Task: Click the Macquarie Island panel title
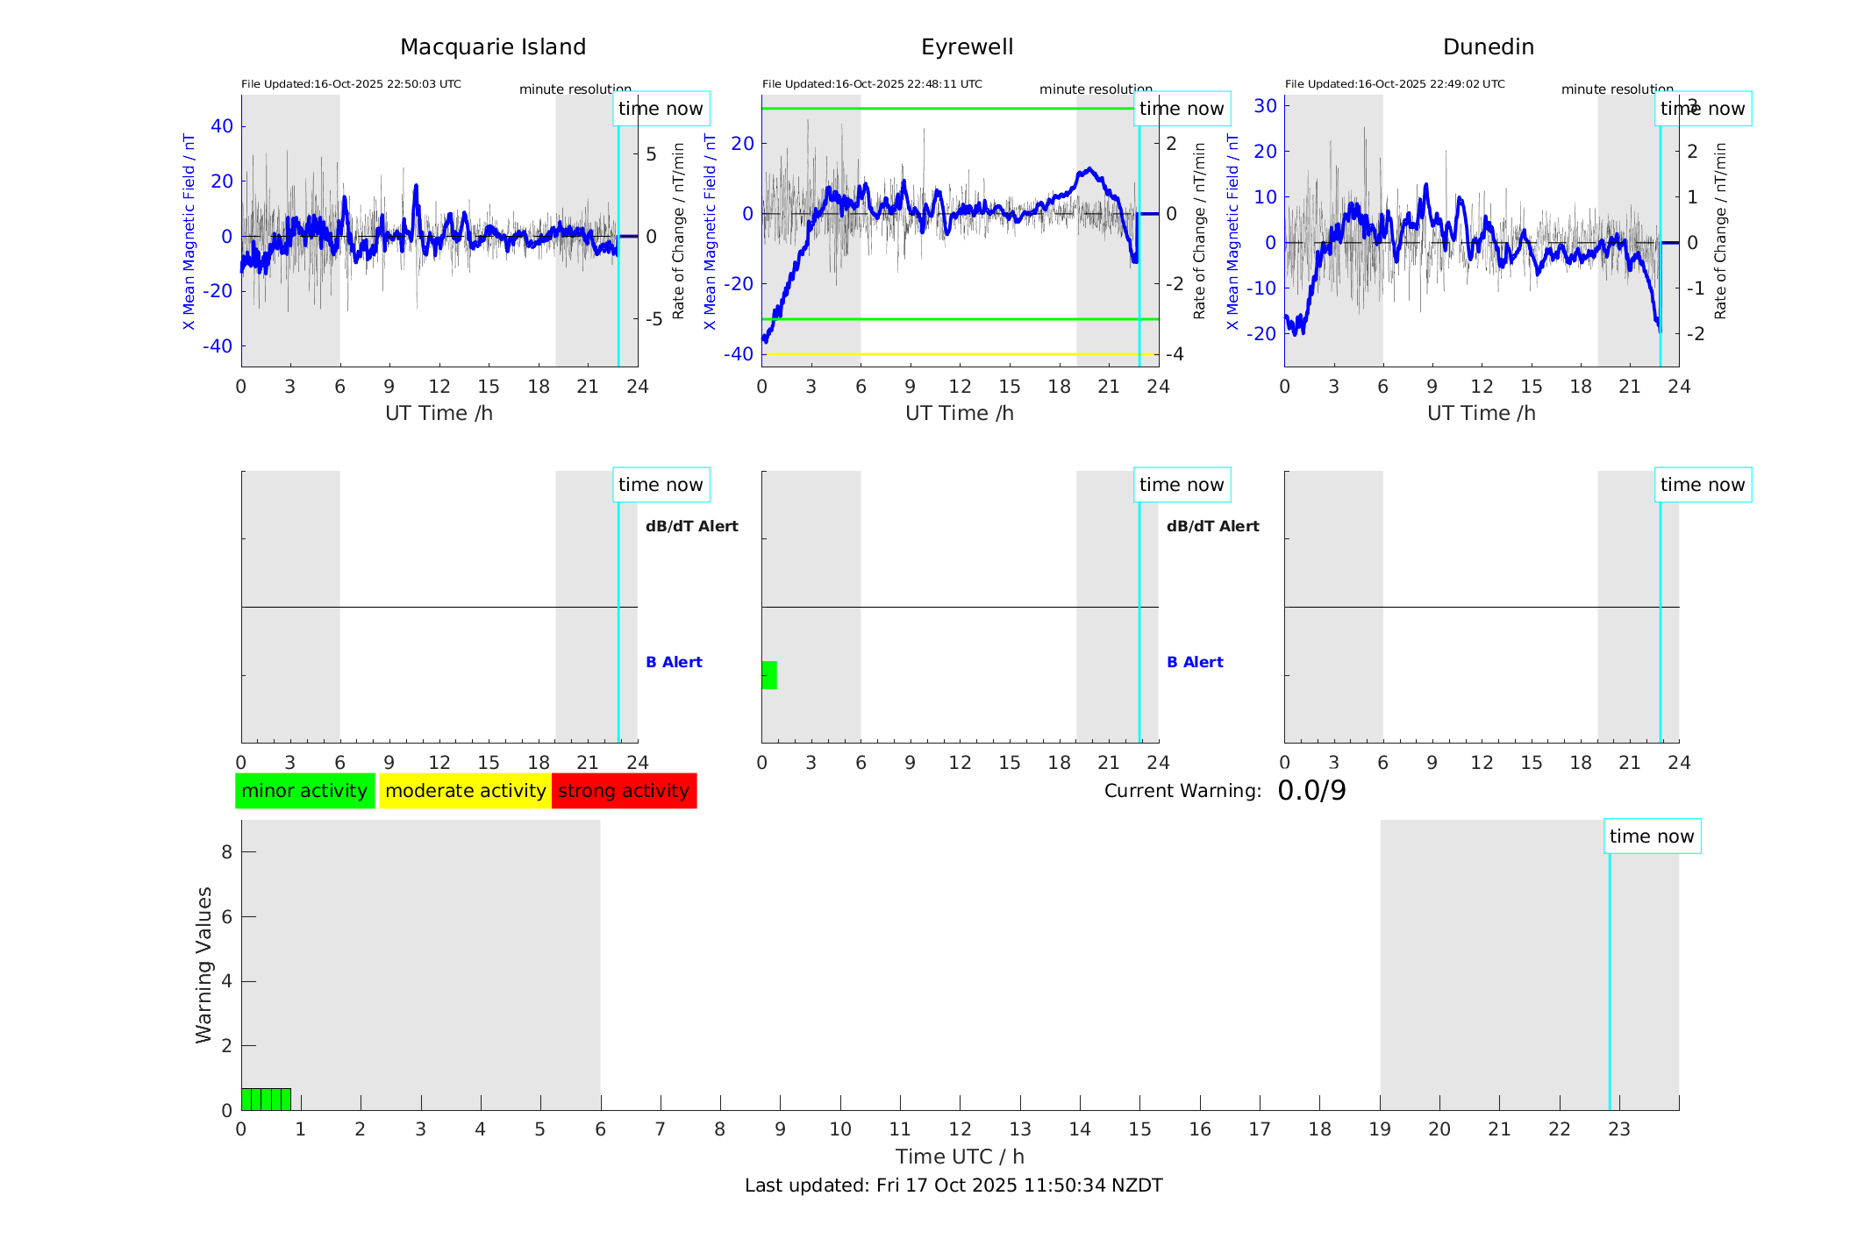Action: pyautogui.click(x=493, y=47)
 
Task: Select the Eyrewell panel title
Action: pyautogui.click(x=967, y=47)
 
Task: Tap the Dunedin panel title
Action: pyautogui.click(x=1488, y=47)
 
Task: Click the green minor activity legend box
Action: pyautogui.click(x=304, y=791)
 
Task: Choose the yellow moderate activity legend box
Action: pyautogui.click(x=465, y=791)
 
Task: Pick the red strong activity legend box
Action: pyautogui.click(x=624, y=791)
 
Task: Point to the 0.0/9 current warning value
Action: pyautogui.click(x=1311, y=791)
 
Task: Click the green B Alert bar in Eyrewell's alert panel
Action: pyautogui.click(x=769, y=675)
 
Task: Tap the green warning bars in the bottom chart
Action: pyautogui.click(x=266, y=1100)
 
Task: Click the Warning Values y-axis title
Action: pyautogui.click(x=204, y=965)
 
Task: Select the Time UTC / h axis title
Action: pyautogui.click(x=960, y=1157)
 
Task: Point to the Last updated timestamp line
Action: pyautogui.click(x=953, y=1185)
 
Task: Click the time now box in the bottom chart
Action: pyautogui.click(x=1652, y=836)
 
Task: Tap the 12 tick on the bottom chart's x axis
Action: pyautogui.click(x=961, y=1129)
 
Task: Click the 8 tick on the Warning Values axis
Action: pyautogui.click(x=227, y=851)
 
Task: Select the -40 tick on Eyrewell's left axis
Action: pyautogui.click(x=739, y=354)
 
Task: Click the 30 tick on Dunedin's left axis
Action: pyautogui.click(x=1265, y=105)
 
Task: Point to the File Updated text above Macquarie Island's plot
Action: pyautogui.click(x=351, y=84)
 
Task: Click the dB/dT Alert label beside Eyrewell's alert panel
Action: pyautogui.click(x=1212, y=526)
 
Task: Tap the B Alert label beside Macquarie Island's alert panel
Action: pyautogui.click(x=674, y=662)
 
